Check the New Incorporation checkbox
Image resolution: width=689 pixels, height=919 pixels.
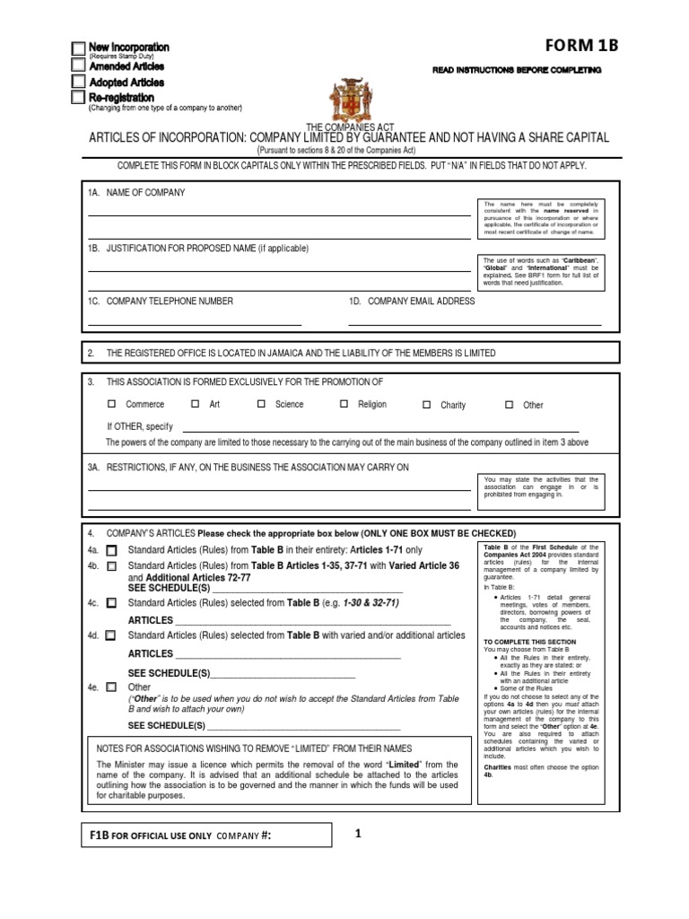79,48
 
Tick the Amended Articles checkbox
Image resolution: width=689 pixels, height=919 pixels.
79,66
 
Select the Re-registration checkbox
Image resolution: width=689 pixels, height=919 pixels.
79,97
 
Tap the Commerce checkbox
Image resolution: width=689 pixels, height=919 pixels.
112,405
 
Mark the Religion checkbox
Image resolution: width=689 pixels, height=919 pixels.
344,405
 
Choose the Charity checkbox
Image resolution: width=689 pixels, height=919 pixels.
427,406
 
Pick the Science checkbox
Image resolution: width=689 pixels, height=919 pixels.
261,405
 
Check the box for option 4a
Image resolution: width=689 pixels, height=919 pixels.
111,550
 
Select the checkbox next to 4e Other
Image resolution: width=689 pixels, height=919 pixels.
111,687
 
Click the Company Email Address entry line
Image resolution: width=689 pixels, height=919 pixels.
474,322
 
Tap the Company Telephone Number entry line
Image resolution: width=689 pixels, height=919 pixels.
194,322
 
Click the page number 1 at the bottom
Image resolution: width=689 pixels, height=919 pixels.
358,834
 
